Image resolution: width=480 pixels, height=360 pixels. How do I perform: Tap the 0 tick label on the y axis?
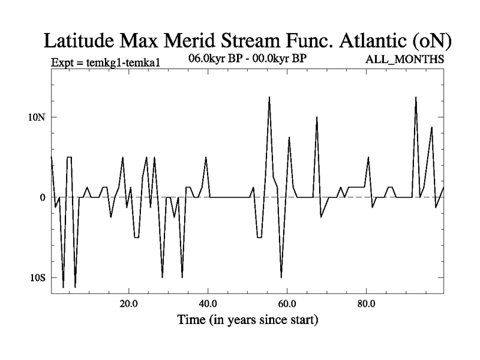tap(43, 197)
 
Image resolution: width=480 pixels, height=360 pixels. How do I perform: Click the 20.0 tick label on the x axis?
tap(129, 304)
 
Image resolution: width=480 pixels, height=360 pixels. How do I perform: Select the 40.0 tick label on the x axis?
tap(208, 304)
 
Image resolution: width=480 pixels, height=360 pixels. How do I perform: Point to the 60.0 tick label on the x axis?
tap(287, 304)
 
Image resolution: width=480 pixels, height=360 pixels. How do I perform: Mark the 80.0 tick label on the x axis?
tap(366, 304)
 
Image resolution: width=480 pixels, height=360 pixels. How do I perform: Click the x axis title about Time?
tap(247, 320)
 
